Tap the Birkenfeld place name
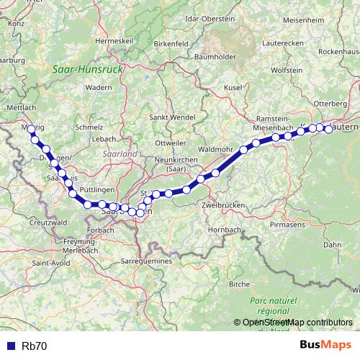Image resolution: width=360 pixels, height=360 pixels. (x=171, y=43)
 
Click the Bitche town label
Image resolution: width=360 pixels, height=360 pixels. (x=240, y=284)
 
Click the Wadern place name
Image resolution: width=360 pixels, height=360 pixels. (x=98, y=86)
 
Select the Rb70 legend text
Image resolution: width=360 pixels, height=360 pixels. (x=35, y=346)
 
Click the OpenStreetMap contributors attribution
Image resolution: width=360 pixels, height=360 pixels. (x=293, y=323)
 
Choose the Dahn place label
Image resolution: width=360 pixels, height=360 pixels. (x=332, y=245)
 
